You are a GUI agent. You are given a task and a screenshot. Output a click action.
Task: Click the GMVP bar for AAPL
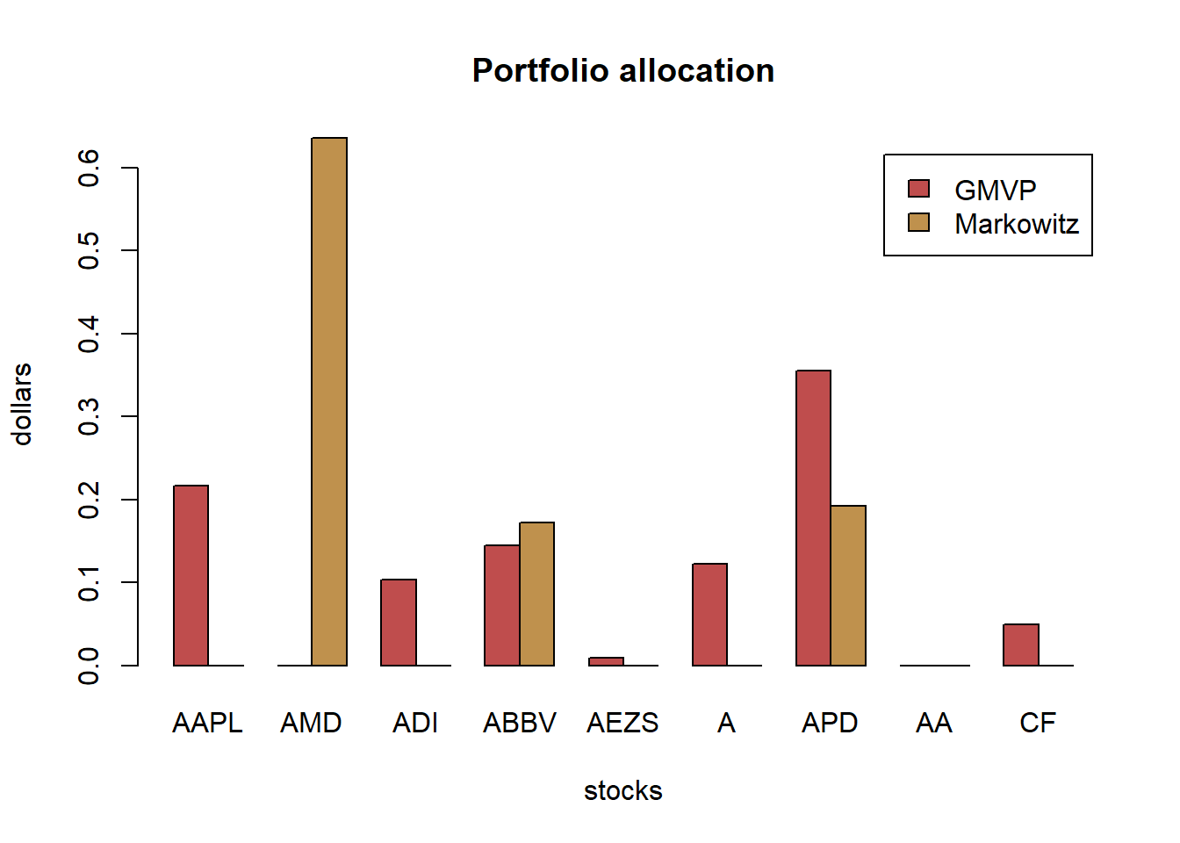191,575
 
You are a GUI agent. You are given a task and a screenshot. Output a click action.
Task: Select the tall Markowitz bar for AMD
329,401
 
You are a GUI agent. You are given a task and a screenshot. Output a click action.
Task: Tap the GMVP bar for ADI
399,622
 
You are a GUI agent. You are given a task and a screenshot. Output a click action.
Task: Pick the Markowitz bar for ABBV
536,594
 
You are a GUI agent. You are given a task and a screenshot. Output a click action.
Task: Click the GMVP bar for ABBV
502,605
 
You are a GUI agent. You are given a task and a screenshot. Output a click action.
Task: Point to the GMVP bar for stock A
709,614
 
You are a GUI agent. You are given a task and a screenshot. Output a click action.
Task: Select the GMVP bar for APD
813,518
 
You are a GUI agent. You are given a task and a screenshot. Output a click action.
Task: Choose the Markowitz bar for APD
848,585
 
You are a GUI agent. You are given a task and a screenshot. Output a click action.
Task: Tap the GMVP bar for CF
1021,645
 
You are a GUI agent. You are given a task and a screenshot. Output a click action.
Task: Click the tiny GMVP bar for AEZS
606,661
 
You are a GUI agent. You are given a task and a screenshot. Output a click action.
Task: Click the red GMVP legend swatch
918,189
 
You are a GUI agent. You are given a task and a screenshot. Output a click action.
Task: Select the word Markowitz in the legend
1017,224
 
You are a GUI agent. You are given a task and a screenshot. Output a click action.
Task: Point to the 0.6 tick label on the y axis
89,167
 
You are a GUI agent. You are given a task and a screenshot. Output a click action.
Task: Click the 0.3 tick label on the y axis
89,416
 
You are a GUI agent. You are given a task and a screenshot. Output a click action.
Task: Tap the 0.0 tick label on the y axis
89,666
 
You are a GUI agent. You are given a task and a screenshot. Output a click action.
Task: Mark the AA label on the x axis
933,723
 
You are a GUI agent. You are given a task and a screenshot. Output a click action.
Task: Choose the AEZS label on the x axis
622,723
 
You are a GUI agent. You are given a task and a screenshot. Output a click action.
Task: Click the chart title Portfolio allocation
623,70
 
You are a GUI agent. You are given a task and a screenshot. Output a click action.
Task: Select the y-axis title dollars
22,404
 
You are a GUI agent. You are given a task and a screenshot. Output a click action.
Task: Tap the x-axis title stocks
622,790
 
